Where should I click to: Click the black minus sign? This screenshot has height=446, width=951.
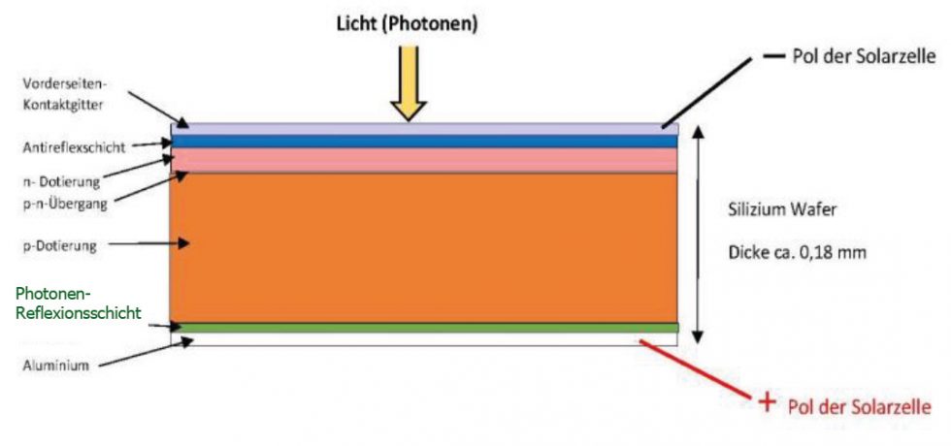pos(773,56)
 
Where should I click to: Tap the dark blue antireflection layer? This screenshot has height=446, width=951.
pos(423,142)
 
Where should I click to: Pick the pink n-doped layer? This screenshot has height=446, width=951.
pos(423,160)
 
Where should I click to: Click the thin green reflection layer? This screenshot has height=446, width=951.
pos(423,328)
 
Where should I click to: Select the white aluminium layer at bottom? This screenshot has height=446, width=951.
pos(423,339)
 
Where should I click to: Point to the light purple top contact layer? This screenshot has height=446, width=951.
pos(423,128)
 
